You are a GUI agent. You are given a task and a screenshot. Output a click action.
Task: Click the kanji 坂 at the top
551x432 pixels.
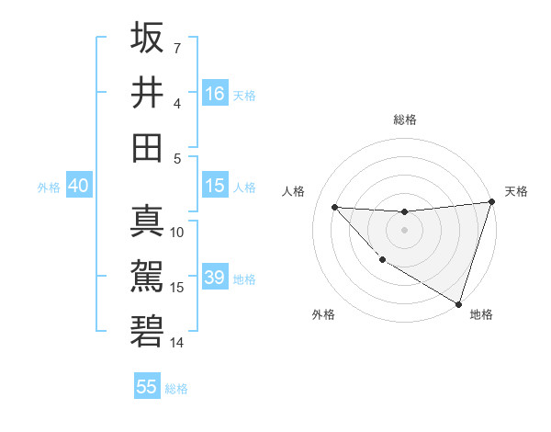[x=147, y=39]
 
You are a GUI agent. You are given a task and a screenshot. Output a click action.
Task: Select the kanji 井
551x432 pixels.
[x=147, y=92]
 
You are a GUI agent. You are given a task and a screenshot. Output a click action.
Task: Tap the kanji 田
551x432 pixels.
[x=147, y=147]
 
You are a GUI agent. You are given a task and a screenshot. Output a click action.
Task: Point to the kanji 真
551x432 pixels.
[x=147, y=222]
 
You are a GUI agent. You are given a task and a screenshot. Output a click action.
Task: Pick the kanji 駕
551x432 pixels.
[x=147, y=277]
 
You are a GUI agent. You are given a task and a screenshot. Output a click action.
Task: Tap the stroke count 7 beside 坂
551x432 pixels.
[x=177, y=47]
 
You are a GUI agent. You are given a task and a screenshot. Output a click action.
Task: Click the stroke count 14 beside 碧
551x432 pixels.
[x=177, y=342]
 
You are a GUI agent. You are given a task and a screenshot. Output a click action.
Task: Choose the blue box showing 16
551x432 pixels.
[x=215, y=94]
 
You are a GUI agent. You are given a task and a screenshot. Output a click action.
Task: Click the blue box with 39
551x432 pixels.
[x=215, y=279]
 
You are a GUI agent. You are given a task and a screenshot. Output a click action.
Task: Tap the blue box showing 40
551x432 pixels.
[x=78, y=186]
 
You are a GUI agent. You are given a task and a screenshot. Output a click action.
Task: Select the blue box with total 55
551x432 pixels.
[x=147, y=387]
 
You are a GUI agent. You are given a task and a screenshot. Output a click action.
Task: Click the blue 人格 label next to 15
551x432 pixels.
[x=244, y=187]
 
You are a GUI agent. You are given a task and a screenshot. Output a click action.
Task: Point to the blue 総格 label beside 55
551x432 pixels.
[x=176, y=388]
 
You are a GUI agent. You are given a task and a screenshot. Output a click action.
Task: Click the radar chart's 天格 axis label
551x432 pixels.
[x=516, y=191]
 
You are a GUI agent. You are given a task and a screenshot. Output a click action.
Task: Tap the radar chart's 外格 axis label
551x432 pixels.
[x=323, y=314]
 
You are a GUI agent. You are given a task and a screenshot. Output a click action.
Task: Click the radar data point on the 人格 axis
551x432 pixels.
[x=334, y=207]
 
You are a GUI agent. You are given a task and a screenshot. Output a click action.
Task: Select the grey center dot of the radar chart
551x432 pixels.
[x=404, y=230]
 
